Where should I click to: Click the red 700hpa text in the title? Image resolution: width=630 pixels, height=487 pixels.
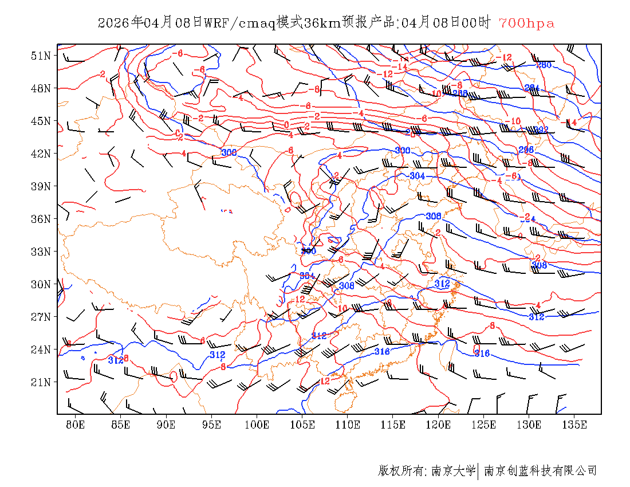(526, 23)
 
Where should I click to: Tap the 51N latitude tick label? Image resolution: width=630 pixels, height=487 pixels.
(41, 56)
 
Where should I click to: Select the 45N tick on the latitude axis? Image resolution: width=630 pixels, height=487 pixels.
(41, 121)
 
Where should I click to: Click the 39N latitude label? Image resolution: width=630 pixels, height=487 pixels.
(41, 186)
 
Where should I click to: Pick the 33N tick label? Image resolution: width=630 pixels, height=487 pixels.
(41, 252)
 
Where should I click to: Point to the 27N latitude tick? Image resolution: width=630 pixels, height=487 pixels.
(41, 317)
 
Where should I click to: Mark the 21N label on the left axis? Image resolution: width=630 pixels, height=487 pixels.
(41, 382)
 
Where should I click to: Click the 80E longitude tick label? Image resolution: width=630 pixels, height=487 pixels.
(76, 425)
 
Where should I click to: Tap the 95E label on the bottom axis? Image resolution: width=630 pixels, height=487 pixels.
(212, 425)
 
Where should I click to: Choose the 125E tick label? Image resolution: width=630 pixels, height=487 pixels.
(484, 425)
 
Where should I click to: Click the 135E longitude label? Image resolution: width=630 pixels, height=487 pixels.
(574, 425)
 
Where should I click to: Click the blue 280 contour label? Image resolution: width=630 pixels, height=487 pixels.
(544, 65)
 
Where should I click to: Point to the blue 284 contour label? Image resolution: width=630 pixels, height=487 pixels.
(532, 88)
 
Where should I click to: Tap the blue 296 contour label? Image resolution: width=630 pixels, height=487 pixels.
(526, 150)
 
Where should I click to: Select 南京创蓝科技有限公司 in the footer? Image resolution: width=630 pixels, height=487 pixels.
(540, 471)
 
